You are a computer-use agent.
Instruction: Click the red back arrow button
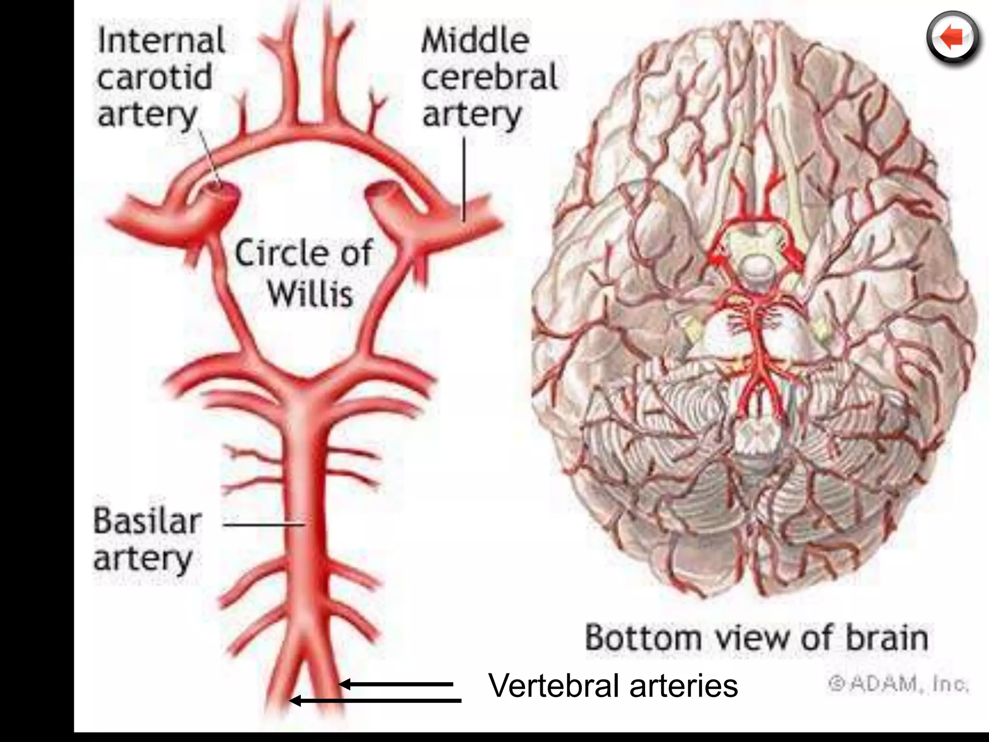953,38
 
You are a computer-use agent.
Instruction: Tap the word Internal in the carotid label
161,41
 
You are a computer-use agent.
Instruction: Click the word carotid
155,77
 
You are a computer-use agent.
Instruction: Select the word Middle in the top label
475,41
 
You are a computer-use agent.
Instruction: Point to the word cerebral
489,77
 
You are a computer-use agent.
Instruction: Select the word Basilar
147,522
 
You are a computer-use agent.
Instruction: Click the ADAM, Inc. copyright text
898,684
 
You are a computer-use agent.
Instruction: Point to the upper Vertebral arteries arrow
396,684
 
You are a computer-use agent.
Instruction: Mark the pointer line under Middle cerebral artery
464,179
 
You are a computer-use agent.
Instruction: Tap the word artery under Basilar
143,559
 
